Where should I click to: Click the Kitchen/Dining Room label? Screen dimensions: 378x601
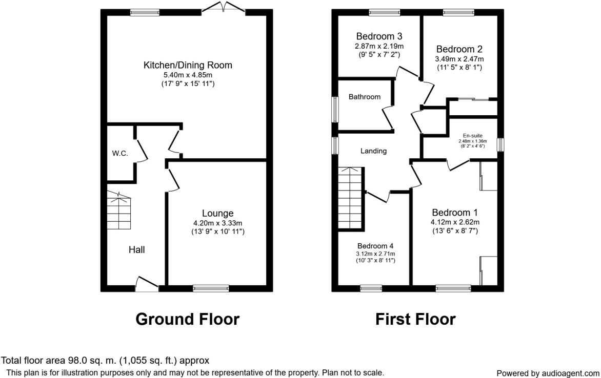tap(188, 65)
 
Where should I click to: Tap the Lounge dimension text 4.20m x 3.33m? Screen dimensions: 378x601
tap(217, 223)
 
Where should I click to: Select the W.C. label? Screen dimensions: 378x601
tap(120, 154)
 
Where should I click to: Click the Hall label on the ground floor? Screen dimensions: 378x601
tap(136, 250)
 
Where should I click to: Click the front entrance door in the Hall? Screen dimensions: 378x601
tap(148, 283)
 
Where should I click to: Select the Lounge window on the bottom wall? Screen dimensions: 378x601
tap(211, 288)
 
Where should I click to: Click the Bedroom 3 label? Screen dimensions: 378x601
tap(379, 36)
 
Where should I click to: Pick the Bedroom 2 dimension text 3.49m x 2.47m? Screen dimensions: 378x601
tap(459, 59)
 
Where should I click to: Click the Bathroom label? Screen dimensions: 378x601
tap(365, 97)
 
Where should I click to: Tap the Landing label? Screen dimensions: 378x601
tap(373, 151)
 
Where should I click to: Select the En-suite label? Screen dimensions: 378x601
tap(472, 135)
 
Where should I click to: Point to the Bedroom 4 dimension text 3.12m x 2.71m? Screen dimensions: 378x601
tap(376, 254)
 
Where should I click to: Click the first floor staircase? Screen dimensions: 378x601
tap(351, 199)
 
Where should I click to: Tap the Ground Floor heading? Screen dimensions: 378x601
tap(187, 319)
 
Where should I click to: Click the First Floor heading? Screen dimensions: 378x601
tap(415, 319)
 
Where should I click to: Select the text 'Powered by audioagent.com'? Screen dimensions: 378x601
tap(548, 373)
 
